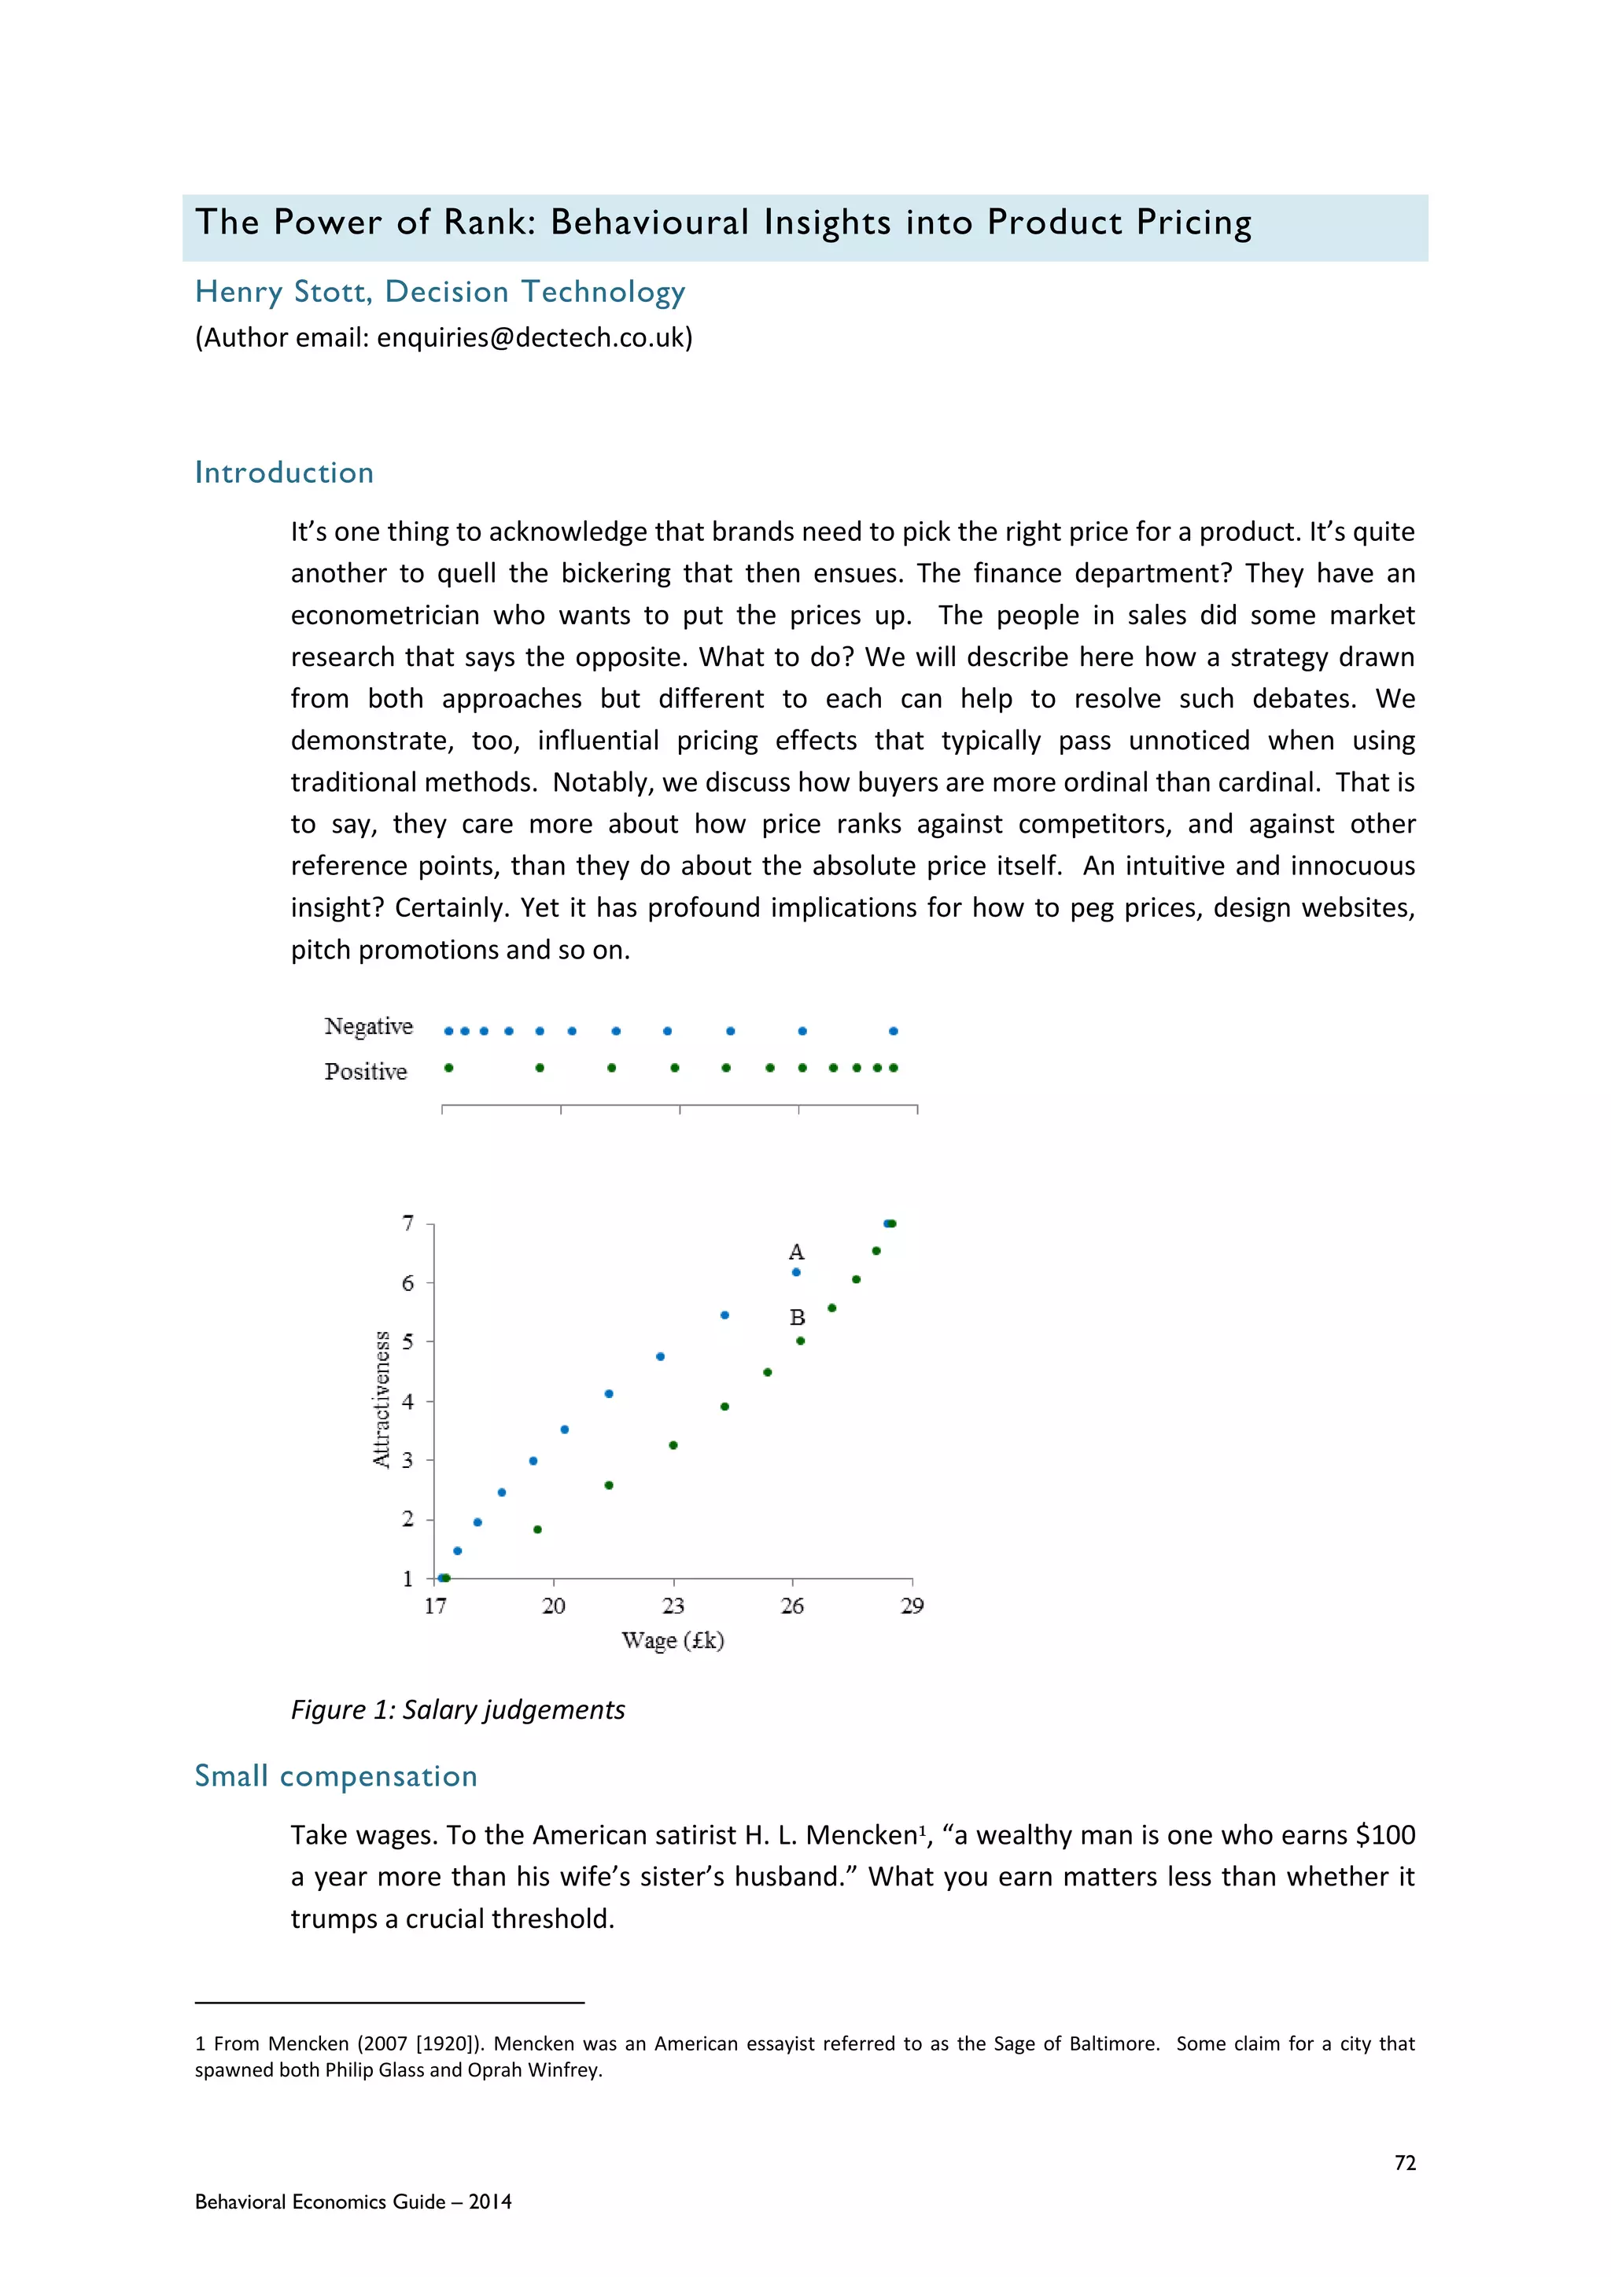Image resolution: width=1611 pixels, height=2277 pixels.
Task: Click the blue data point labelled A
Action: (x=795, y=1271)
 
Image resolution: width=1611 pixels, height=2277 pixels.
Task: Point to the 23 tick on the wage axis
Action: (x=673, y=1606)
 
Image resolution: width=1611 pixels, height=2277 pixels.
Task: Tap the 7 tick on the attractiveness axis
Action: (x=407, y=1223)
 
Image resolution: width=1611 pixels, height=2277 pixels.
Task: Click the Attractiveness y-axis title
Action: (x=381, y=1400)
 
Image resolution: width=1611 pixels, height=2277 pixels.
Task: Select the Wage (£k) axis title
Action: (x=673, y=1640)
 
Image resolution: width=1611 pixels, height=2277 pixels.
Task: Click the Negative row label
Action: (x=368, y=1026)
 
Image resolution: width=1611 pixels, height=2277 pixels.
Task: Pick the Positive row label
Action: (x=365, y=1072)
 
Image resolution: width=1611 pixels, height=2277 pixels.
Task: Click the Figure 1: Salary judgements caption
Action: (x=457, y=1710)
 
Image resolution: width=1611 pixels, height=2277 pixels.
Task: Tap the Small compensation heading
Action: (x=335, y=1776)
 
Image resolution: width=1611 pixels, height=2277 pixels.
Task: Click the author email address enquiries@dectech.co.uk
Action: (x=533, y=338)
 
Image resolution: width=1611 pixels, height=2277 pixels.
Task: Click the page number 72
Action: (x=1405, y=2163)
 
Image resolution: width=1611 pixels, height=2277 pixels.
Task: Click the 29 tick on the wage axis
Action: (x=912, y=1606)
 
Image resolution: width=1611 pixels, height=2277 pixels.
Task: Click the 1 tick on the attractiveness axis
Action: (x=407, y=1578)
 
